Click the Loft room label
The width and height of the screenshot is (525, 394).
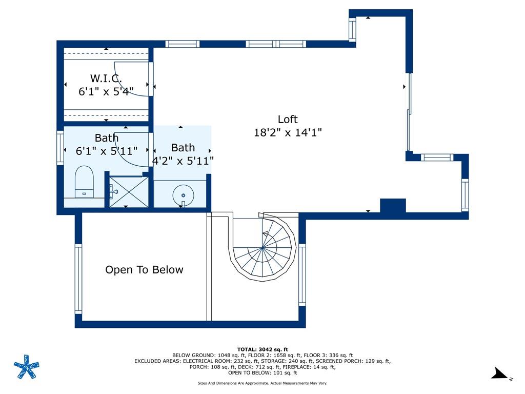click(288, 119)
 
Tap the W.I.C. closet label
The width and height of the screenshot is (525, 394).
click(106, 78)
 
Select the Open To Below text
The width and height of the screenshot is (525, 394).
click(144, 270)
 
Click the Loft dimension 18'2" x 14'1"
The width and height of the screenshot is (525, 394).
click(288, 132)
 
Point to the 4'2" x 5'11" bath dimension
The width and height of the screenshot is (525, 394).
click(183, 161)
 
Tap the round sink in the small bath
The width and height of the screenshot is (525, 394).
click(183, 195)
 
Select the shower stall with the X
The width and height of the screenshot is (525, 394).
click(129, 192)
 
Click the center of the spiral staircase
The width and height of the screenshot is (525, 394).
click(262, 248)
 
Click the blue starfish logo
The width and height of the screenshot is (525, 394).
click(27, 367)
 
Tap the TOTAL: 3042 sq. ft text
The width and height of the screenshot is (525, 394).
click(262, 349)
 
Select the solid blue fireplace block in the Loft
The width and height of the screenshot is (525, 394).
click(393, 205)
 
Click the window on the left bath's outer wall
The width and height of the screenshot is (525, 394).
click(60, 148)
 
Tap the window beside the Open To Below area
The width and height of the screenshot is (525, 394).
click(78, 279)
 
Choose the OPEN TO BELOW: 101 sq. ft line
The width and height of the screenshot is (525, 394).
click(262, 372)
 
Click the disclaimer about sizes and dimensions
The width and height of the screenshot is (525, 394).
click(262, 383)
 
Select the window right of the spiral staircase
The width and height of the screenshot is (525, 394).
click(302, 274)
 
